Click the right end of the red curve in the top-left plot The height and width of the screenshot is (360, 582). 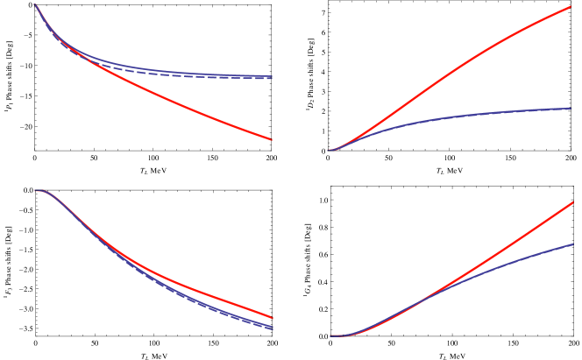[272, 139]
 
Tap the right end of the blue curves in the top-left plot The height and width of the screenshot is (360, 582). [272, 77]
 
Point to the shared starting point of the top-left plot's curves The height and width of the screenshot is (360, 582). [35, 5]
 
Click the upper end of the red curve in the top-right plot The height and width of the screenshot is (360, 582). [571, 6]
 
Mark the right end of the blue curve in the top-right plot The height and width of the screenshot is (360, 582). [570, 109]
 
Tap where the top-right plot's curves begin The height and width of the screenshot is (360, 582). [330, 150]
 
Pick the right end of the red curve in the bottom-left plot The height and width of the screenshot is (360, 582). [272, 318]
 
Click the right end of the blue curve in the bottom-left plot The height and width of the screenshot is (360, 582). [272, 328]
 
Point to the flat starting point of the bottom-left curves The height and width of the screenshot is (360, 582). [36, 190]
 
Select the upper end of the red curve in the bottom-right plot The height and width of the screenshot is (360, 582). [572, 202]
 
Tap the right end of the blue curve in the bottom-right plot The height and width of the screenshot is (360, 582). [572, 244]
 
